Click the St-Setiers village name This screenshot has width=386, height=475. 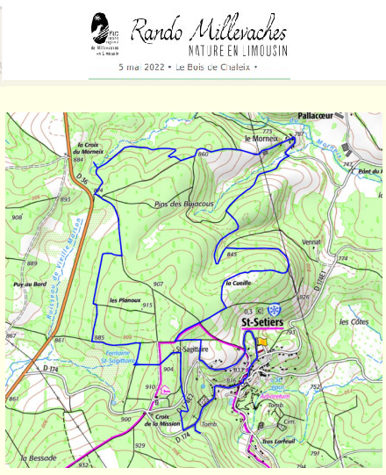(261, 323)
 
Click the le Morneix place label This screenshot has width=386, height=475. (261, 139)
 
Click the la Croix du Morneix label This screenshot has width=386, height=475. (90, 148)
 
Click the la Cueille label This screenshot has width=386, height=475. (238, 284)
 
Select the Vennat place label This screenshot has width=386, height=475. (311, 241)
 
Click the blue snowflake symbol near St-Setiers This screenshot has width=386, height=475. (275, 310)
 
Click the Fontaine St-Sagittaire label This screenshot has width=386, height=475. (116, 356)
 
